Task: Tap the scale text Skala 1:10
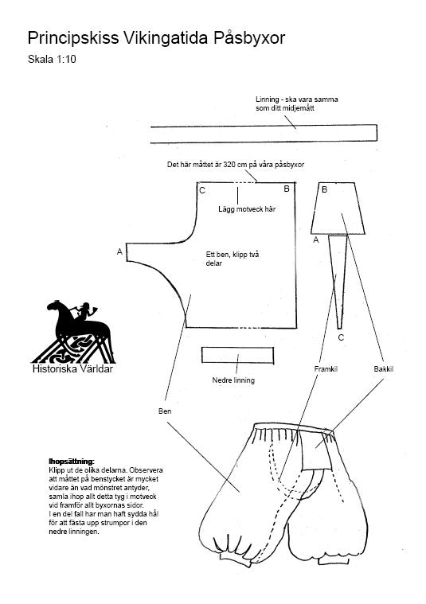tap(52, 60)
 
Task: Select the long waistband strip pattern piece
tap(264, 134)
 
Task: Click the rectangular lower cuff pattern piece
tap(237, 355)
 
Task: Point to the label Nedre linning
tap(233, 380)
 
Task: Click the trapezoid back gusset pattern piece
tap(338, 208)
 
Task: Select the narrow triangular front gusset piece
tap(338, 282)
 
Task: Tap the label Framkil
tap(326, 369)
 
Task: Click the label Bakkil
tap(384, 369)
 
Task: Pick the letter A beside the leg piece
tap(120, 251)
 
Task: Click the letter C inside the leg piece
tap(202, 191)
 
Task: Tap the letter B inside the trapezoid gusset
tap(325, 189)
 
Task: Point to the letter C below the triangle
tap(341, 338)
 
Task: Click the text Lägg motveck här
tap(247, 209)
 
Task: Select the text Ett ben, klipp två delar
tap(233, 259)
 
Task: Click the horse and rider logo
tap(73, 331)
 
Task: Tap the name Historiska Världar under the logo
tap(72, 368)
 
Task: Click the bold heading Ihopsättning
tap(72, 461)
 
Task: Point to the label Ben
tap(165, 411)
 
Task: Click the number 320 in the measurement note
tap(229, 165)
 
